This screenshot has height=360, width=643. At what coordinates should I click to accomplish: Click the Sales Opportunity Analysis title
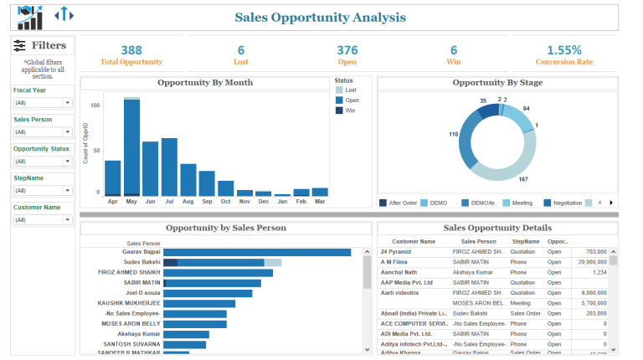tap(320, 18)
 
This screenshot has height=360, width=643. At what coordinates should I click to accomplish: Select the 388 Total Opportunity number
tap(131, 50)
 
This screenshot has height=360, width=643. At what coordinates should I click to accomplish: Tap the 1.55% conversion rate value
tap(563, 50)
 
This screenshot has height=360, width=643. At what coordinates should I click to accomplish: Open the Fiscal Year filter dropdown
tap(43, 103)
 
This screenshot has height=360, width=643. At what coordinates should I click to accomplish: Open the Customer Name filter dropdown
tap(43, 219)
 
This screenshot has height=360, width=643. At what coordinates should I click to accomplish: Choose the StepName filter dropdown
tap(43, 191)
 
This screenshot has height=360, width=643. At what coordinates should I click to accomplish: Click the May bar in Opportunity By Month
tap(131, 147)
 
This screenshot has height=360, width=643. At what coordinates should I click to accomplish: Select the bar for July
tap(169, 167)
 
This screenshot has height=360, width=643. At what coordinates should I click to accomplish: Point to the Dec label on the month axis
tap(263, 202)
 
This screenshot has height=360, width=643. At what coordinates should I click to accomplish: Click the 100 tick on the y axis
tap(95, 105)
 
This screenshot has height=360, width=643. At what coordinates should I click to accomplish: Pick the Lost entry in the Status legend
tap(350, 90)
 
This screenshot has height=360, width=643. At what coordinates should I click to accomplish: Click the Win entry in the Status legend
tap(350, 111)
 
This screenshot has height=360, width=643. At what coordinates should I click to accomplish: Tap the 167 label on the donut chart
tap(523, 179)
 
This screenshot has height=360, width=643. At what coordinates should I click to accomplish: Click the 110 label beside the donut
tap(453, 134)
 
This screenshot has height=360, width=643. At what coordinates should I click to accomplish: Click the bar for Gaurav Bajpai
tap(256, 251)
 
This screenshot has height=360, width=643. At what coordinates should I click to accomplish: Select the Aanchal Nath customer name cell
tap(399, 272)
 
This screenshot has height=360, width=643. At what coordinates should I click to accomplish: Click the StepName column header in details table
tap(525, 240)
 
